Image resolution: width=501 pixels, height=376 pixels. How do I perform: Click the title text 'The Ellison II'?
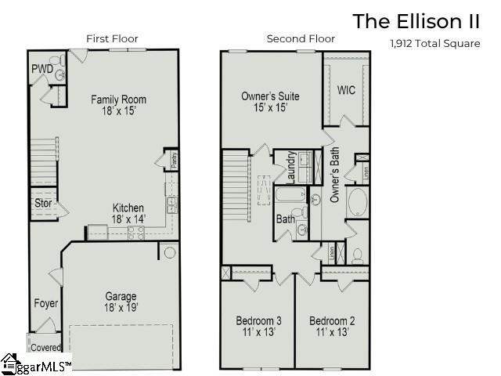pyautogui.click(x=416, y=21)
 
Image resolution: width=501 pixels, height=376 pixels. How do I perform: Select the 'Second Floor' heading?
pyautogui.click(x=301, y=38)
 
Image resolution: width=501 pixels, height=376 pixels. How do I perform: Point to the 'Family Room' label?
pyautogui.click(x=118, y=99)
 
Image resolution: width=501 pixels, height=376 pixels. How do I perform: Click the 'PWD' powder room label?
pyautogui.click(x=41, y=69)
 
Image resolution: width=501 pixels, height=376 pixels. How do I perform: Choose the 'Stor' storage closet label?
pyautogui.click(x=42, y=204)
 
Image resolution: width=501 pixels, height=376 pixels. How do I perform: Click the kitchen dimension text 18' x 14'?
pyautogui.click(x=129, y=219)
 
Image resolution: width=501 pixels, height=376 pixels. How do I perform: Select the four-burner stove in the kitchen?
pyautogui.click(x=135, y=232)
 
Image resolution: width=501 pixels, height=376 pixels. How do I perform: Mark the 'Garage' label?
pyautogui.click(x=121, y=296)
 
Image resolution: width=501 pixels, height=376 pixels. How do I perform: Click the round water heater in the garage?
pyautogui.click(x=168, y=252)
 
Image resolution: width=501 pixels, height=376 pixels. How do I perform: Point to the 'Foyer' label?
pyautogui.click(x=46, y=303)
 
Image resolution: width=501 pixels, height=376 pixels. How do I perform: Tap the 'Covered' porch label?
pyautogui.click(x=45, y=346)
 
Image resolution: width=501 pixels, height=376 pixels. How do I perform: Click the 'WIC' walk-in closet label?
pyautogui.click(x=346, y=90)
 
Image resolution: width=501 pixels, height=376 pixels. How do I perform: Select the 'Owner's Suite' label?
pyautogui.click(x=270, y=96)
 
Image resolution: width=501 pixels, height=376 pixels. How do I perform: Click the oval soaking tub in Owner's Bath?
pyautogui.click(x=359, y=202)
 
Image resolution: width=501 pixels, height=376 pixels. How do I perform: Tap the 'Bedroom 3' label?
pyautogui.click(x=258, y=320)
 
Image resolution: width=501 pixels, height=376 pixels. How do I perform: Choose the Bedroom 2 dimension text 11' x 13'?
pyautogui.click(x=332, y=333)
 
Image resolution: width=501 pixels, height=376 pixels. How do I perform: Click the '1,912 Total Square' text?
pyautogui.click(x=434, y=44)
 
